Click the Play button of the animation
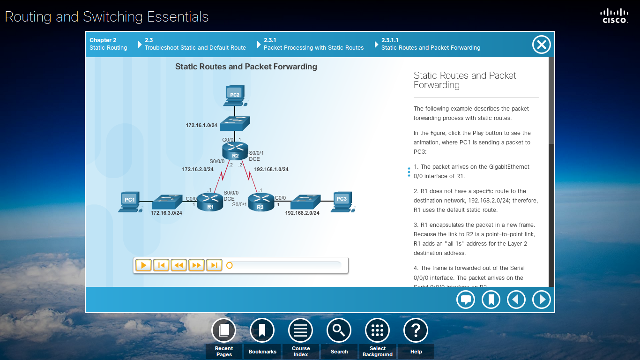point(143,265)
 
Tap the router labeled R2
point(235,151)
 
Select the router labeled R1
point(210,202)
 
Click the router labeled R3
point(261,202)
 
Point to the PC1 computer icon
point(129,202)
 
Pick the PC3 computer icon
point(342,201)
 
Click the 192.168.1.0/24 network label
point(271,169)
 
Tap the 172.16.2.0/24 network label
point(198,169)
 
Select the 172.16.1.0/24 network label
point(201,125)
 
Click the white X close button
point(541,45)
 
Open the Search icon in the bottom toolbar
point(339,330)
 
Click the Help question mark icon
point(416,330)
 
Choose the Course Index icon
point(300,330)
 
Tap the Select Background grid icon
point(377,330)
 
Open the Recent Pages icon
point(224,330)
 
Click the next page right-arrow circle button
point(542,300)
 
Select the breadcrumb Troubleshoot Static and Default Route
point(195,47)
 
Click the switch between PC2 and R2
point(235,123)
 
